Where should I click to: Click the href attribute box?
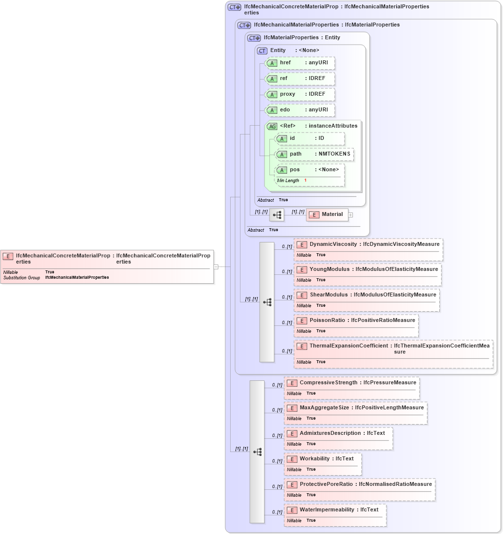tap(300, 63)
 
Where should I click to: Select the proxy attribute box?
tap(300, 94)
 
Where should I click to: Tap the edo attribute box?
tap(300, 110)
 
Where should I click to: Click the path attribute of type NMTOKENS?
tap(315, 154)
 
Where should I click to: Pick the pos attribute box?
tap(310, 170)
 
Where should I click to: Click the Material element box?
tap(327, 214)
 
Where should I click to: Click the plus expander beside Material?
tap(350, 215)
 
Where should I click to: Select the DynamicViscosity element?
tap(368, 244)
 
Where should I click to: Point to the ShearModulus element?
tap(366, 295)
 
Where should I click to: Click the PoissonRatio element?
tap(356, 320)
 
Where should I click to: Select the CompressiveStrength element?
tap(351, 383)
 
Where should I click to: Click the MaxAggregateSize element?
tap(355, 408)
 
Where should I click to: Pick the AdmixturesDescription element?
tap(338, 433)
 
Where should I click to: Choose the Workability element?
tap(322, 459)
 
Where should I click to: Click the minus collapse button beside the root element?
tap(215, 267)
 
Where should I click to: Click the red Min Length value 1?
tap(305, 181)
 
